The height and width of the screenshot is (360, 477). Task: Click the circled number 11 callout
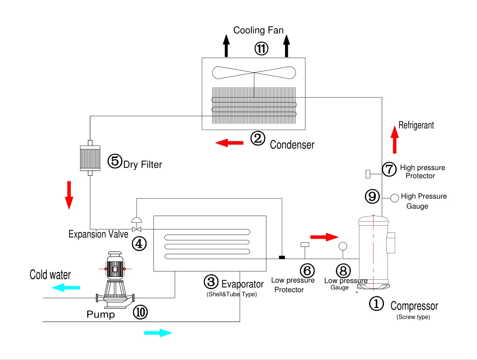point(261,48)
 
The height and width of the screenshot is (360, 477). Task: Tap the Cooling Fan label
point(258,30)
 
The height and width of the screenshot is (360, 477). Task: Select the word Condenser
point(292,145)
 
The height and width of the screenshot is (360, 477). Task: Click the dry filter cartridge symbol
point(90,158)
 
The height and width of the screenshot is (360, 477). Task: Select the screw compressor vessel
point(373,253)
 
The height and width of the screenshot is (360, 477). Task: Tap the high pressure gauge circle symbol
point(395,197)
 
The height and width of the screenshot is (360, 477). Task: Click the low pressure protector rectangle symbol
point(305,245)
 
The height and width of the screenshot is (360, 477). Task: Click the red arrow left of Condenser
point(229,143)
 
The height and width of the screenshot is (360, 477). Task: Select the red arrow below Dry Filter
point(69,195)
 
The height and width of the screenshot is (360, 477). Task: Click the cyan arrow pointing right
point(158,333)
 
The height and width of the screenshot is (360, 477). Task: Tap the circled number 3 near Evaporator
point(211,282)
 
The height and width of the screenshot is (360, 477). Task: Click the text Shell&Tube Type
point(231,295)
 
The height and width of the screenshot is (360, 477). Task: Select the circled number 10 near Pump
point(140,312)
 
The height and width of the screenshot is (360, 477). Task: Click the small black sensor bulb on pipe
point(282,258)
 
